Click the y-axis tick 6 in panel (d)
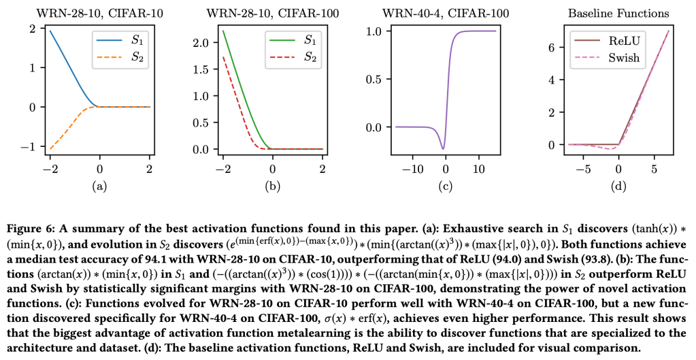tap(552, 47)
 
